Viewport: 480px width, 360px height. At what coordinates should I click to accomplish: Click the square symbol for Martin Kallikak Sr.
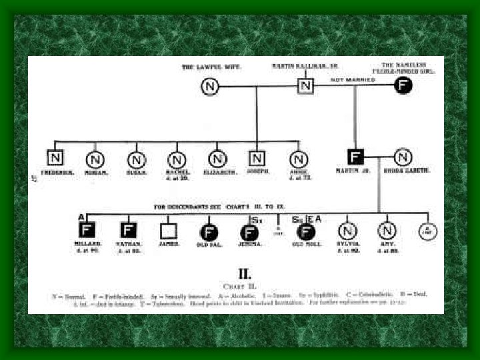pos(305,86)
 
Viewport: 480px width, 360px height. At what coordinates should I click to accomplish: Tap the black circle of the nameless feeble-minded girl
pos(403,85)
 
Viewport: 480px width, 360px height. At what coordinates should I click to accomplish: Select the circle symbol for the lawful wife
pos(210,86)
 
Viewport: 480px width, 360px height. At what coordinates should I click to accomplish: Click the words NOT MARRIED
pos(353,79)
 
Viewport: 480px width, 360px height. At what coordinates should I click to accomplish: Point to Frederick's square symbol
pos(55,158)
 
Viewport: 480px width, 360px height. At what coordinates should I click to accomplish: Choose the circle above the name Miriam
pos(95,159)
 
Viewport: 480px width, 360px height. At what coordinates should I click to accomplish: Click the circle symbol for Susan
pos(136,159)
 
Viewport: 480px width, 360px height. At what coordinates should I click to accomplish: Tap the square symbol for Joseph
pos(257,158)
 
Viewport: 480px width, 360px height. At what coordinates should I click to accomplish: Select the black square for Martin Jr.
pos(356,157)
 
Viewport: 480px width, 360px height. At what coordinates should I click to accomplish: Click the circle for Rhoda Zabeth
pos(402,157)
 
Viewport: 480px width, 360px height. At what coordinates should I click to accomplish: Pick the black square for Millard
pos(87,230)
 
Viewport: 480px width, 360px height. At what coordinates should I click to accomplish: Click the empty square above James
pos(168,231)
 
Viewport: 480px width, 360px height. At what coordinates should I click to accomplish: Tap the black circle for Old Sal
pos(208,231)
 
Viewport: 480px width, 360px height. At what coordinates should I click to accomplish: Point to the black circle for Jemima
pos(249,232)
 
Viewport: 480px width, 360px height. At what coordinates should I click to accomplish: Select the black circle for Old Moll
pos(306,231)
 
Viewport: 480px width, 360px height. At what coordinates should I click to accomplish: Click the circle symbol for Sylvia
pos(347,231)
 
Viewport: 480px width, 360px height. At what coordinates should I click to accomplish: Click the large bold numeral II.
pos(245,274)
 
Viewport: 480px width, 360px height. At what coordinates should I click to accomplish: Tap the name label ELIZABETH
pos(217,172)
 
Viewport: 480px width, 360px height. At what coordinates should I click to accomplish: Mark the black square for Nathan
pos(128,231)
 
